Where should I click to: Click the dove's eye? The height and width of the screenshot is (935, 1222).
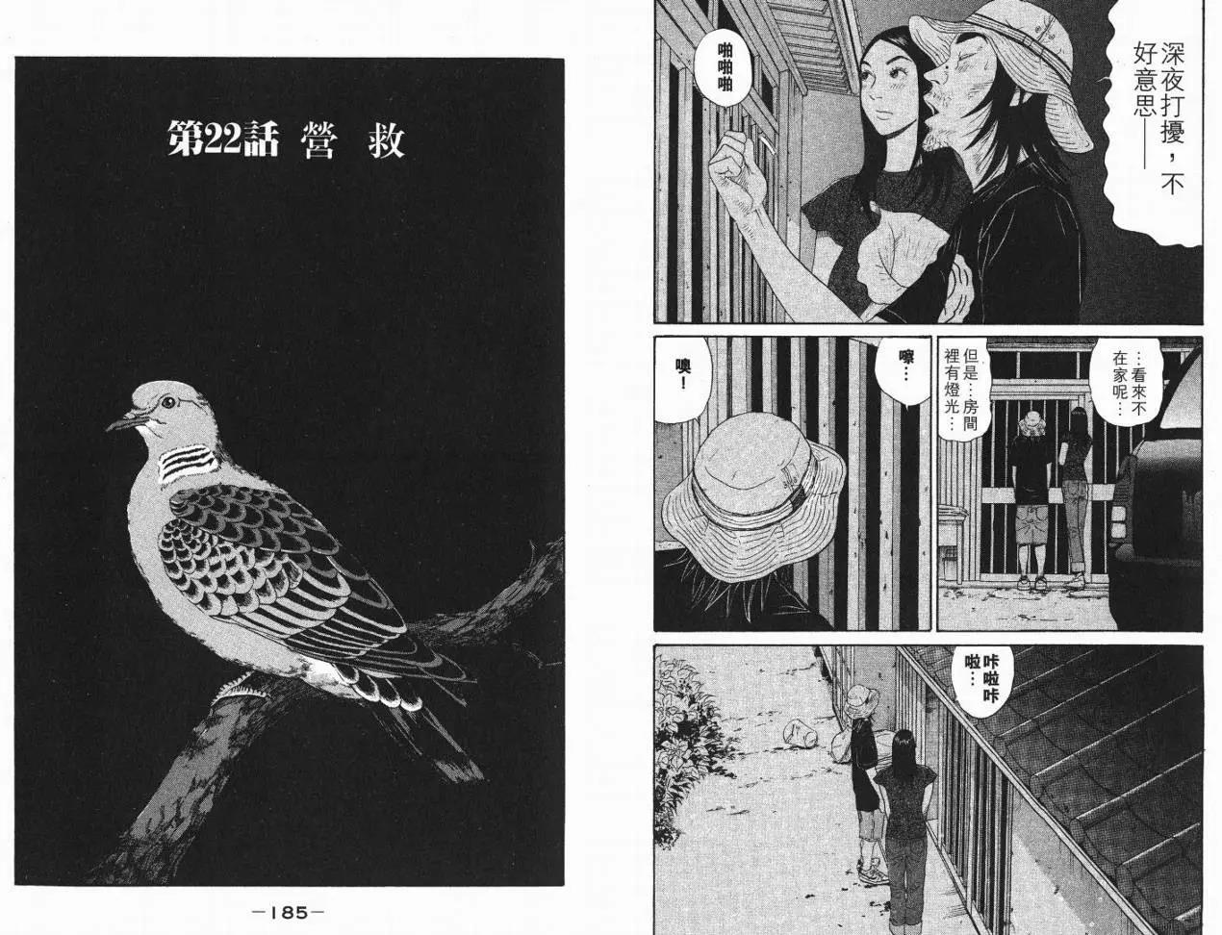coord(168,402)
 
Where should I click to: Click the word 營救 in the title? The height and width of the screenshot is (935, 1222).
coord(352,139)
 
